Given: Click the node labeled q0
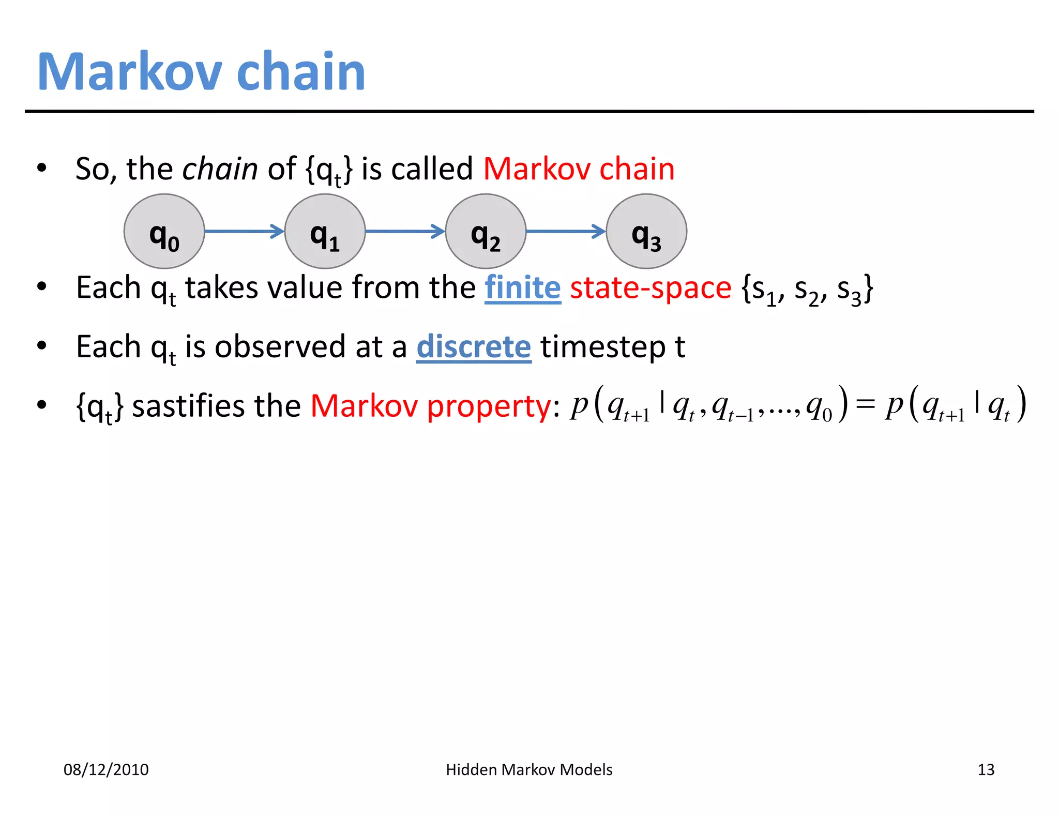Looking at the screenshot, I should click(x=164, y=231).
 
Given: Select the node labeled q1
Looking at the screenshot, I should click(x=325, y=231).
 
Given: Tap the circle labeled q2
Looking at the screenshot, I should click(x=486, y=231).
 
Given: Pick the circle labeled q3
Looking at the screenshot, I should click(x=646, y=231).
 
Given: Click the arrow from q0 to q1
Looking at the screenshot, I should click(x=244, y=231).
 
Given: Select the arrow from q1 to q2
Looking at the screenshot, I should click(x=405, y=231).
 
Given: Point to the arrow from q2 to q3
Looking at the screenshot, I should click(x=566, y=231).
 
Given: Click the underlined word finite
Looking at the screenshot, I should click(x=523, y=288).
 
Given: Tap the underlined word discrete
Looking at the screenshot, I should click(x=474, y=347).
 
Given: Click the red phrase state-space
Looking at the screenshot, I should click(x=650, y=288).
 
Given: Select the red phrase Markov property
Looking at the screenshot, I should click(x=431, y=406).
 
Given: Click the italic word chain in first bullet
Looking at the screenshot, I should click(x=220, y=169).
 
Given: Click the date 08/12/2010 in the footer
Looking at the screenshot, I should click(x=106, y=770).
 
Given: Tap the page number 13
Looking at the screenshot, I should click(x=986, y=770).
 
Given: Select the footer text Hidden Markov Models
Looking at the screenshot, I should click(x=529, y=770).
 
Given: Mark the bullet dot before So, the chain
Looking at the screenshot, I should click(x=42, y=168).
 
